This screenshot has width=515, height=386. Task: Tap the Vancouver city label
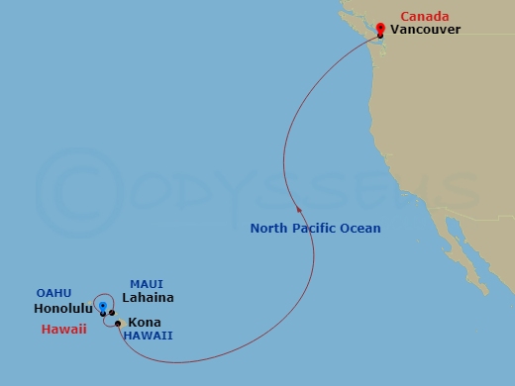(426, 31)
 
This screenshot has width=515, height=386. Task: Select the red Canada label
(424, 16)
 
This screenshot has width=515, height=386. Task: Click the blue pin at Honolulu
(103, 307)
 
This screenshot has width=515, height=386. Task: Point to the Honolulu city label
(64, 309)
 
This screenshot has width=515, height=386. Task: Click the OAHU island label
(53, 293)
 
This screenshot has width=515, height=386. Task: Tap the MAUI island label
(147, 284)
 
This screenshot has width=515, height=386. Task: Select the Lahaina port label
(148, 298)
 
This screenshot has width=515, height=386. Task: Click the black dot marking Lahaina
(112, 313)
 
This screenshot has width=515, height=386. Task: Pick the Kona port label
(144, 323)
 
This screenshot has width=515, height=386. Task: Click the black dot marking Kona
(118, 323)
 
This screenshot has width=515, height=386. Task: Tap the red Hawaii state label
(64, 329)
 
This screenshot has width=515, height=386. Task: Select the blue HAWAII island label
(148, 336)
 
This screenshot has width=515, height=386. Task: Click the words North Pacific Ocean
(315, 229)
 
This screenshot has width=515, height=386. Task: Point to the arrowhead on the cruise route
(298, 207)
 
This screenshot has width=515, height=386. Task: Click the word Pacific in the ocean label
(316, 229)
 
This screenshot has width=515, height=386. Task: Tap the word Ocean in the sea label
(360, 229)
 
